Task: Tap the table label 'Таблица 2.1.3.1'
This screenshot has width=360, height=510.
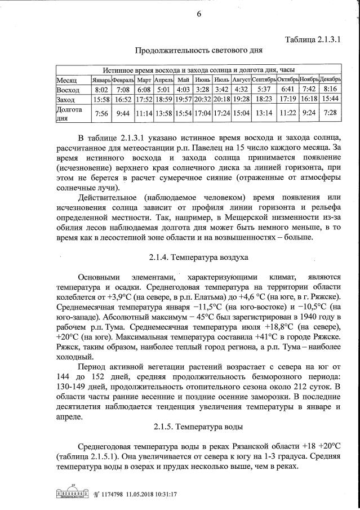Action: (x=313, y=39)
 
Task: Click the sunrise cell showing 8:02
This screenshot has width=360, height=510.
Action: (x=101, y=90)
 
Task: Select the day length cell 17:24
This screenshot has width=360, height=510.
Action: (x=221, y=113)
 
